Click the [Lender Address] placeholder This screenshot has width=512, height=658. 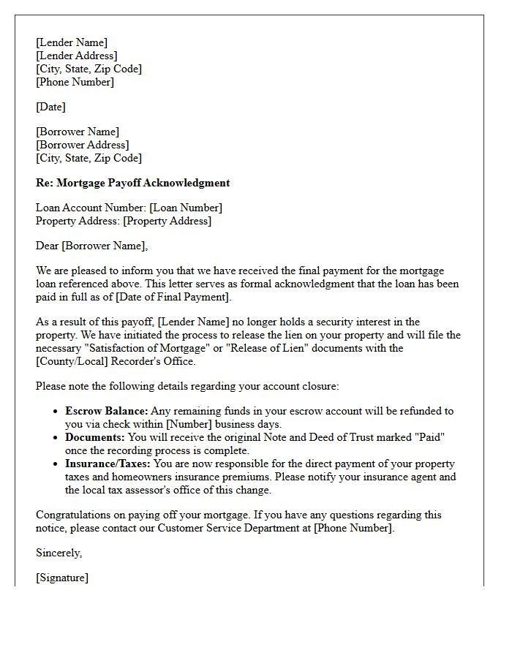tap(76, 56)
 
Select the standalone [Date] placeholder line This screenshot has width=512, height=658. tap(50, 107)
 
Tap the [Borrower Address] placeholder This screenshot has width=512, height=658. tap(82, 145)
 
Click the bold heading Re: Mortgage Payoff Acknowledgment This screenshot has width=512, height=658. tap(132, 183)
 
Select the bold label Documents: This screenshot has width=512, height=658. tap(95, 437)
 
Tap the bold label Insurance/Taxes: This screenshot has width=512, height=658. tap(108, 464)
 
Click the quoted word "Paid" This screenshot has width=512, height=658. tap(429, 437)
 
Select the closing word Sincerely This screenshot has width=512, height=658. tap(59, 553)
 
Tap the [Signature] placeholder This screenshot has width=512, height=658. tap(62, 578)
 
